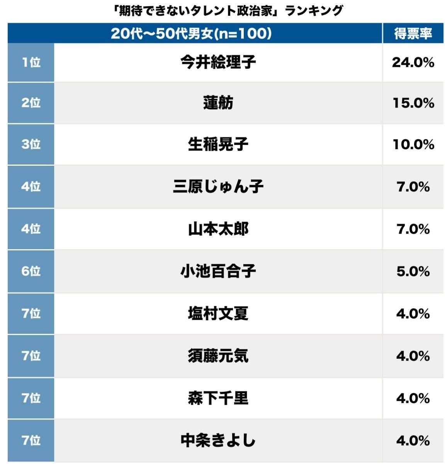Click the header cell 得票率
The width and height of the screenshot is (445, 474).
(413, 34)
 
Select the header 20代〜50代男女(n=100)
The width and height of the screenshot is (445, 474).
(191, 34)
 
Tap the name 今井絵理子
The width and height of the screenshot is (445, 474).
(218, 62)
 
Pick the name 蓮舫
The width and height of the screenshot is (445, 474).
(218, 103)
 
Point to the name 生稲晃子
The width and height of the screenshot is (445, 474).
(218, 144)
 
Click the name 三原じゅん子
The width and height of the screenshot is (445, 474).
(218, 187)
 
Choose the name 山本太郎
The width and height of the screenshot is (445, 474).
(218, 229)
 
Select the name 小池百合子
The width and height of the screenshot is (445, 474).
(218, 271)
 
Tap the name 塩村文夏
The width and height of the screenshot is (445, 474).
(218, 313)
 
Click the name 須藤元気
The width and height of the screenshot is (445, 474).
(218, 356)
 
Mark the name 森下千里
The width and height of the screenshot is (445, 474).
(218, 398)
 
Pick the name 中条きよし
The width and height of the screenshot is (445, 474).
(218, 440)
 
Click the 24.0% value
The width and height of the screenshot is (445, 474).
(413, 62)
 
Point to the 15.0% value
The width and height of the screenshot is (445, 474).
(413, 103)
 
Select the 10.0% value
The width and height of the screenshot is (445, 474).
(413, 144)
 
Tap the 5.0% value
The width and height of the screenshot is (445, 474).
(413, 271)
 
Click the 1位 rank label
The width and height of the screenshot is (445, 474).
(31, 62)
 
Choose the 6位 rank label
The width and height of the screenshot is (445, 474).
(31, 271)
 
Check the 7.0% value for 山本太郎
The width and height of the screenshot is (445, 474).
(413, 229)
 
